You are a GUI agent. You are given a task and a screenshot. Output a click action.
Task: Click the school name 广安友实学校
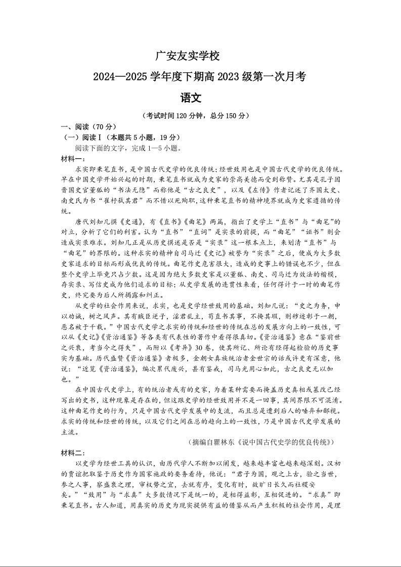(187, 56)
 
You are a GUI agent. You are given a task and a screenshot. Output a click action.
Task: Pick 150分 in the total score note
(233, 116)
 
